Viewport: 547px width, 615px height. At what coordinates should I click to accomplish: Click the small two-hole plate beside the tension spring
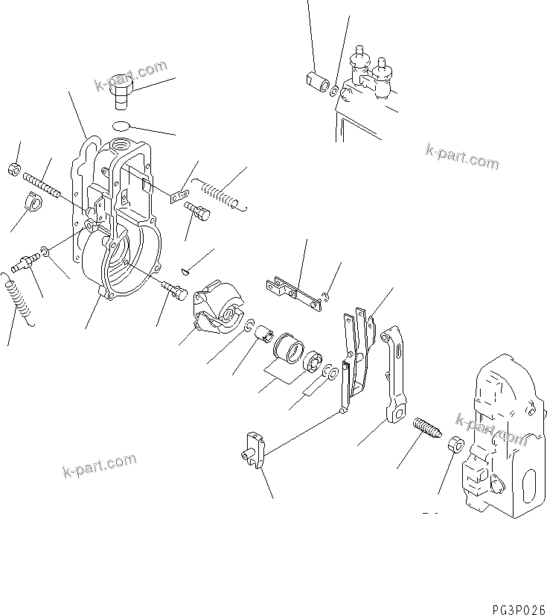177,197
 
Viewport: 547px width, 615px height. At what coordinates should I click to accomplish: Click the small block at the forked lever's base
251,449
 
